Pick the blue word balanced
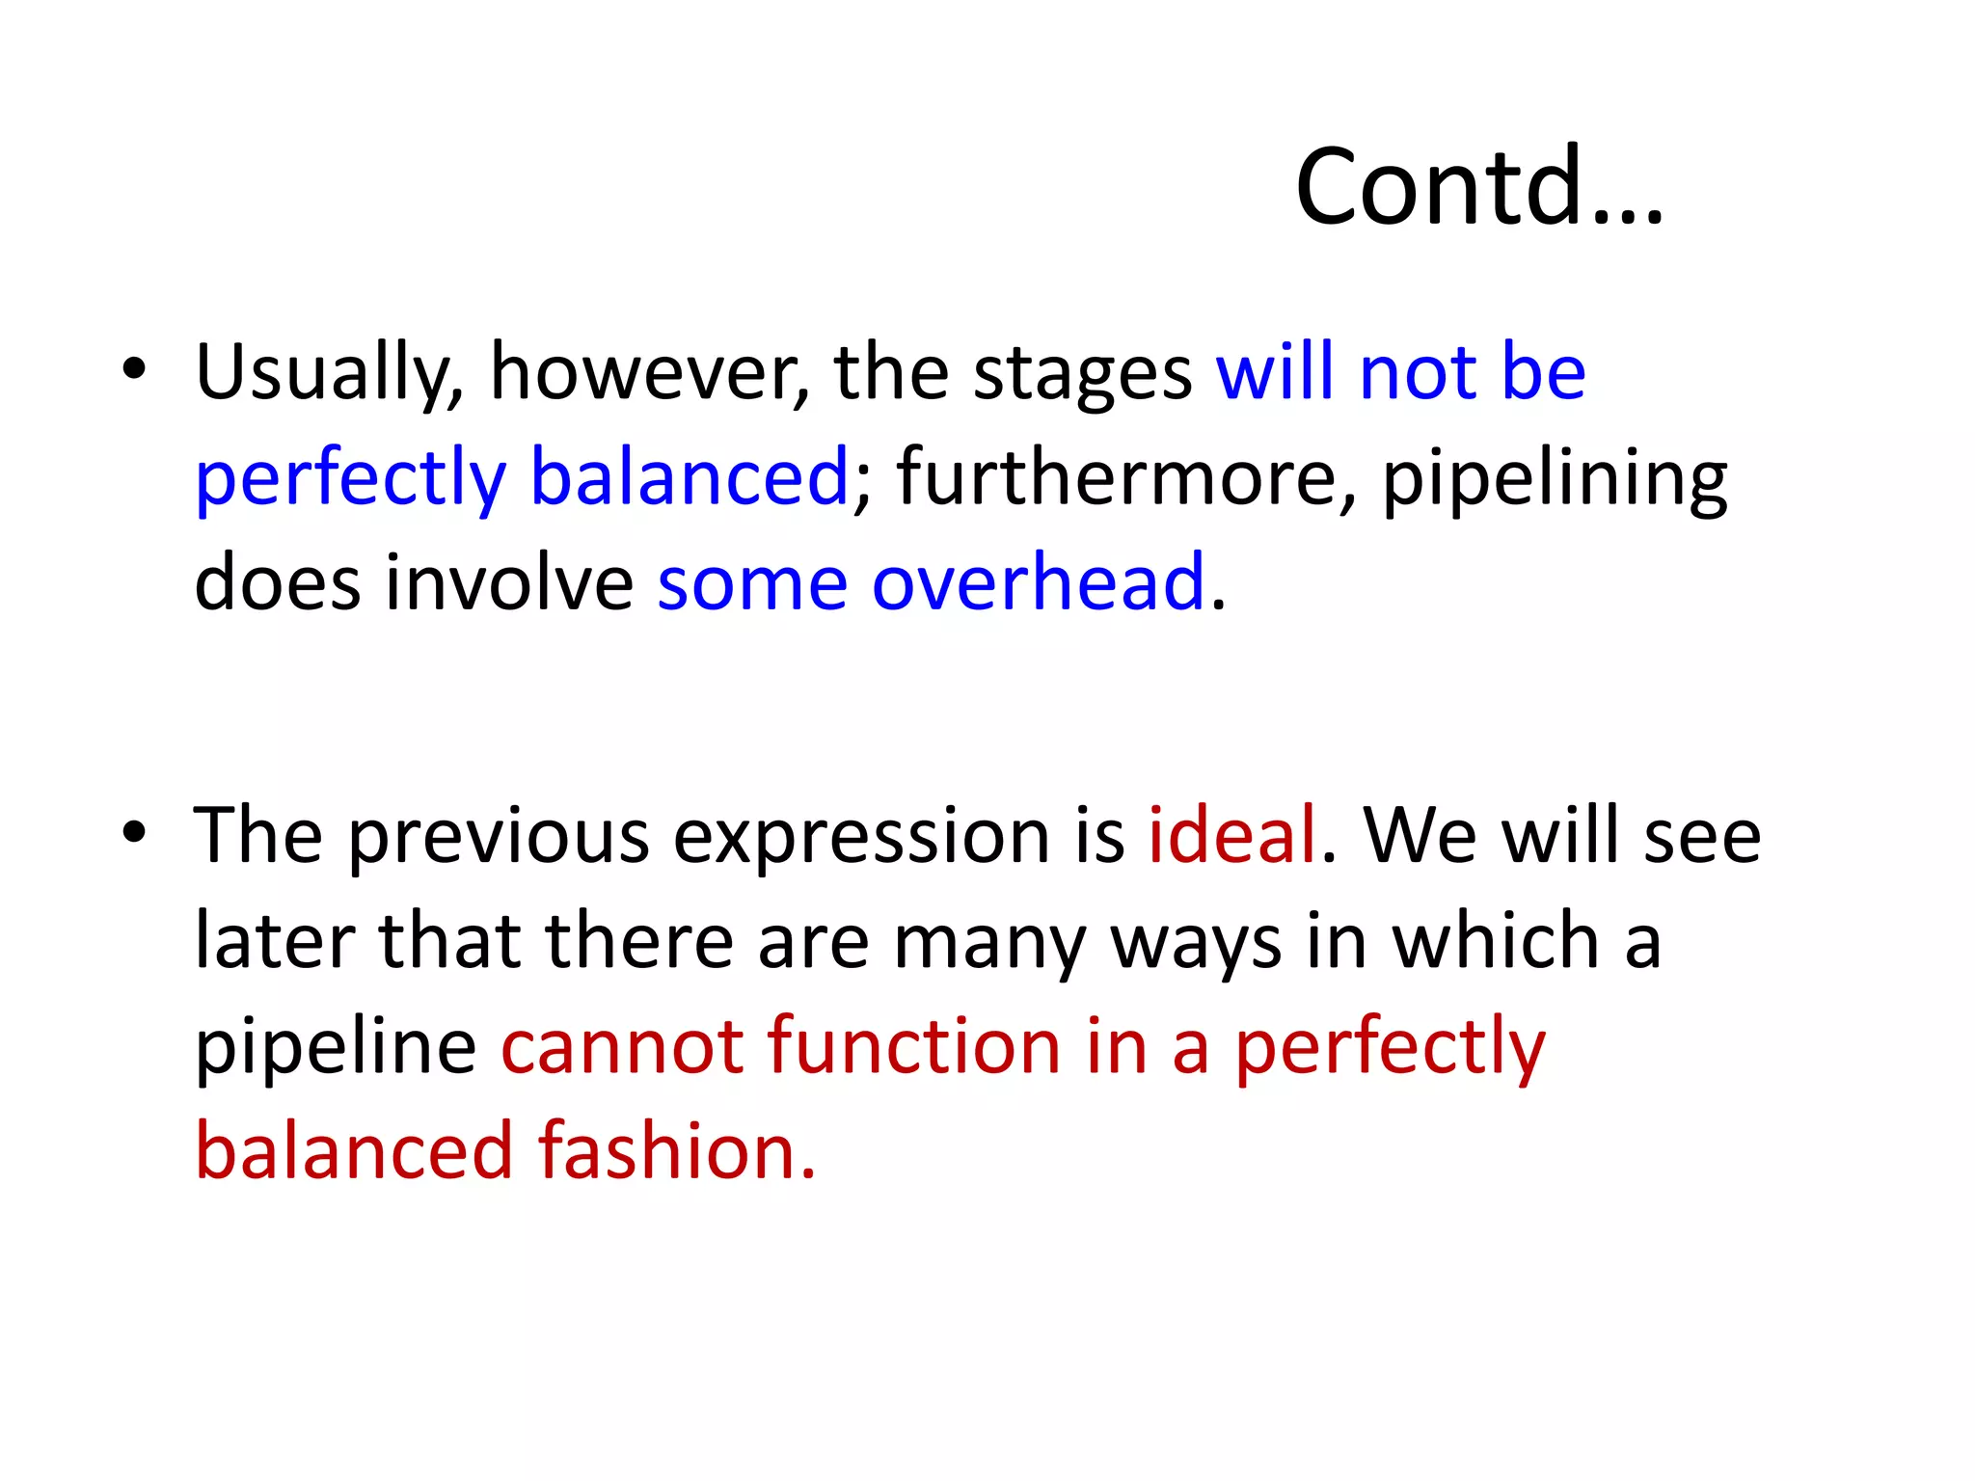689,477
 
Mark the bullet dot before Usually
134,368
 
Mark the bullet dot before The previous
134,831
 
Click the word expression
860,836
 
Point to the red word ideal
1231,834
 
